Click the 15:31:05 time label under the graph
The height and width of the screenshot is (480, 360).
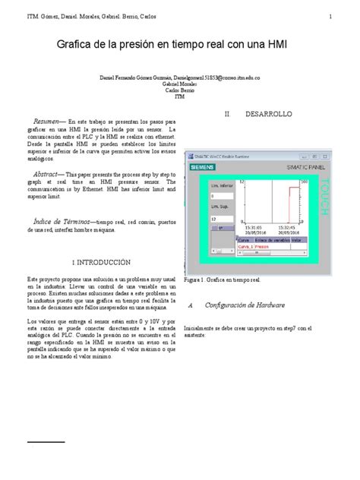pyautogui.click(x=252, y=227)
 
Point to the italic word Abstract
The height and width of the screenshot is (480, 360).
pyautogui.click(x=48, y=174)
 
